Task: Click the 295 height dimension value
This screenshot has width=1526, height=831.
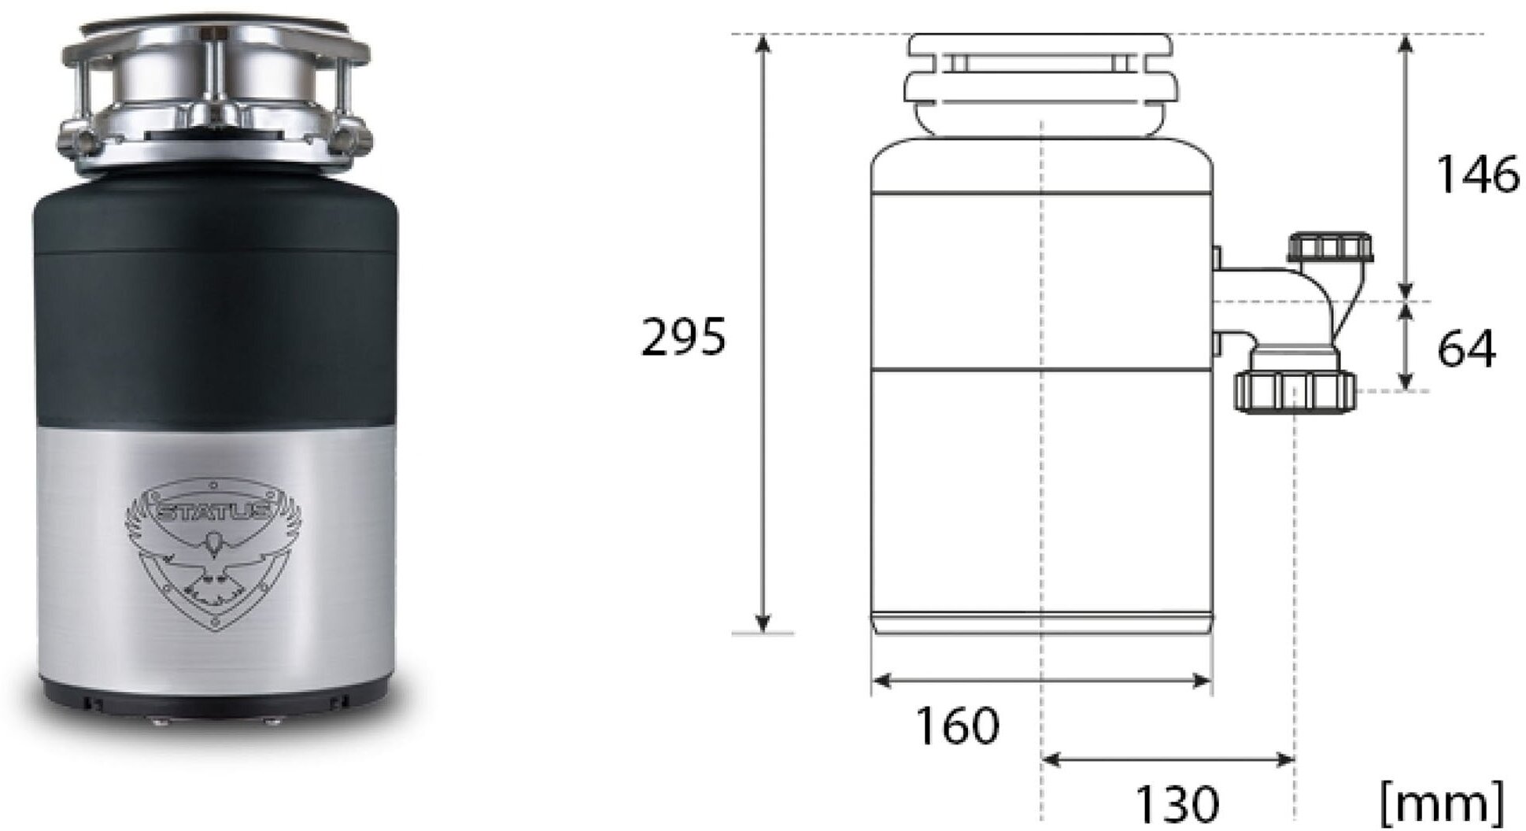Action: (x=683, y=338)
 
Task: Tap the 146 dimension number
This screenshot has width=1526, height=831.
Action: (x=1478, y=174)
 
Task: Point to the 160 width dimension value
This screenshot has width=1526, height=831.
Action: (x=958, y=726)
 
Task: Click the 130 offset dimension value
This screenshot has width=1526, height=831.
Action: (x=1177, y=803)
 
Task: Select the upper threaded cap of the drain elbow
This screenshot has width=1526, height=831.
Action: (x=1331, y=246)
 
